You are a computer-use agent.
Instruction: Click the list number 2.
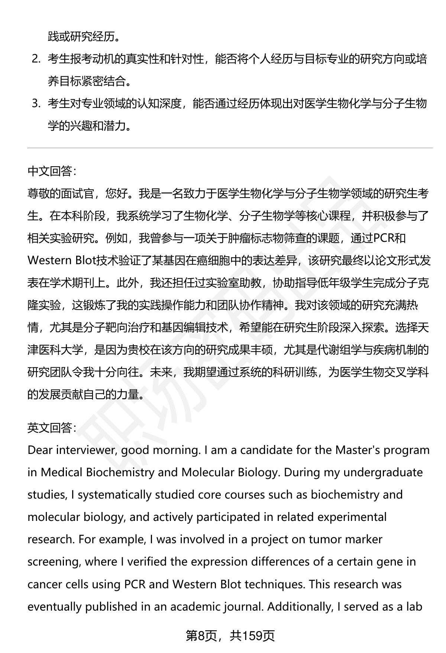tap(36, 59)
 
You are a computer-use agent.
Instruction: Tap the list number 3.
tap(36, 104)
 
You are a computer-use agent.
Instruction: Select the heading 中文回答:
tap(52, 171)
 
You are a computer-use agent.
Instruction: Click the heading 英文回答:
tap(52, 428)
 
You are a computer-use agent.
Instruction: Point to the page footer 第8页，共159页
tap(230, 636)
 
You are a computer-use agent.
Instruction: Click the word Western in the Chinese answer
tap(49, 260)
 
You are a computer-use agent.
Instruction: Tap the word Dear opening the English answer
tap(40, 450)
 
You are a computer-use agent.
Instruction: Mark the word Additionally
tap(300, 607)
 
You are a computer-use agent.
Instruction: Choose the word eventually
tap(55, 607)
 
